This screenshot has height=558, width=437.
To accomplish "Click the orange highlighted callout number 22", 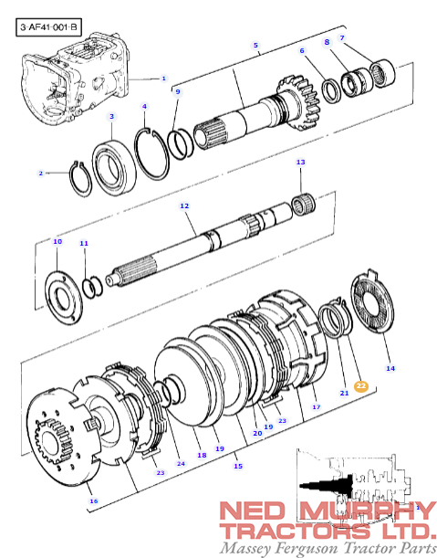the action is click(x=361, y=386).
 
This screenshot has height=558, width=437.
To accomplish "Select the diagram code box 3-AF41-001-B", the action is click(x=48, y=27).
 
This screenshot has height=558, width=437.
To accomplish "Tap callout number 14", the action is click(x=390, y=368).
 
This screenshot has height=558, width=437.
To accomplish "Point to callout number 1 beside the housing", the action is click(x=163, y=79).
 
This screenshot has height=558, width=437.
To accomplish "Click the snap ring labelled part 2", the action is click(x=80, y=179).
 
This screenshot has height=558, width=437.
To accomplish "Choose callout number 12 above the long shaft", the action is click(x=184, y=205).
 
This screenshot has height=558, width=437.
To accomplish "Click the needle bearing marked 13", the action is click(x=303, y=205).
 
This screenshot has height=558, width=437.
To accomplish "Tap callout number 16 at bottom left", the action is click(x=94, y=501).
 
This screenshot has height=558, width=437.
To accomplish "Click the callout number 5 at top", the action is click(x=255, y=45).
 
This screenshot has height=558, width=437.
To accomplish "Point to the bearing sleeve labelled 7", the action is click(x=382, y=73).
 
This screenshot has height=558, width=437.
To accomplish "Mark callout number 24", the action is click(x=181, y=463).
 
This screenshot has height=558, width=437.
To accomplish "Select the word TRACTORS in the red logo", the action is click(x=296, y=531).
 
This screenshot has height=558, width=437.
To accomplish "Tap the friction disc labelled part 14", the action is click(x=372, y=301).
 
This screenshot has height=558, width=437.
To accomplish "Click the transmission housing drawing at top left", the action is click(x=76, y=78).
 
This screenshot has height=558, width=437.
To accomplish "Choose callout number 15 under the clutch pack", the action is click(x=238, y=466).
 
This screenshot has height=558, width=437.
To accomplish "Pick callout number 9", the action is click(x=178, y=91).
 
